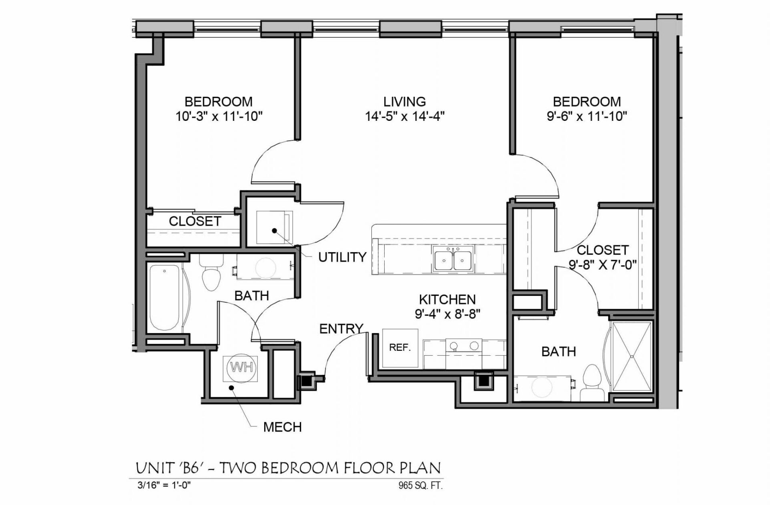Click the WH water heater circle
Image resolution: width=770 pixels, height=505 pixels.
tap(242, 367)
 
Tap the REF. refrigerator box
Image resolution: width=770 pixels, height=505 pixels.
tap(400, 348)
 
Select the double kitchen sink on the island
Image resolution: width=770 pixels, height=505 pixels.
tap(453, 259)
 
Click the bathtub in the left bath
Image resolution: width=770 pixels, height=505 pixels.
tap(164, 297)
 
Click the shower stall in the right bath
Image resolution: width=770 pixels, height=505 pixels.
tap(632, 356)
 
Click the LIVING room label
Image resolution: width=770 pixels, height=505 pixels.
tap(404, 102)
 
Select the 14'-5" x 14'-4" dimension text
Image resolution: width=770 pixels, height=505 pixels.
tap(404, 116)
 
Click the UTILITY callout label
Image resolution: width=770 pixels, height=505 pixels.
tap(342, 257)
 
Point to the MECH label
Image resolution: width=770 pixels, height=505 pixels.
tap(282, 427)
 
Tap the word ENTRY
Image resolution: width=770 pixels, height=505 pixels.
tap(341, 329)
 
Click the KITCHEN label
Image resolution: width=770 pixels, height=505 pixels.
tap(447, 299)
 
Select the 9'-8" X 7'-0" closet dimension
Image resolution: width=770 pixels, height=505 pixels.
tap(603, 265)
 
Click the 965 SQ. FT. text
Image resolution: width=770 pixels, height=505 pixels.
tap(420, 486)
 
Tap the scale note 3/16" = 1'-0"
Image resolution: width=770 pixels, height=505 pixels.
tap(164, 485)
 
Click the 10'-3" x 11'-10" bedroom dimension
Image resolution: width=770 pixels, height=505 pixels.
tap(219, 116)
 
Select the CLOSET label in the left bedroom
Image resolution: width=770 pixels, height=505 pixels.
tap(195, 221)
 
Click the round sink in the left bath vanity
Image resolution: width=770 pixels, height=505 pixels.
tap(265, 267)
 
